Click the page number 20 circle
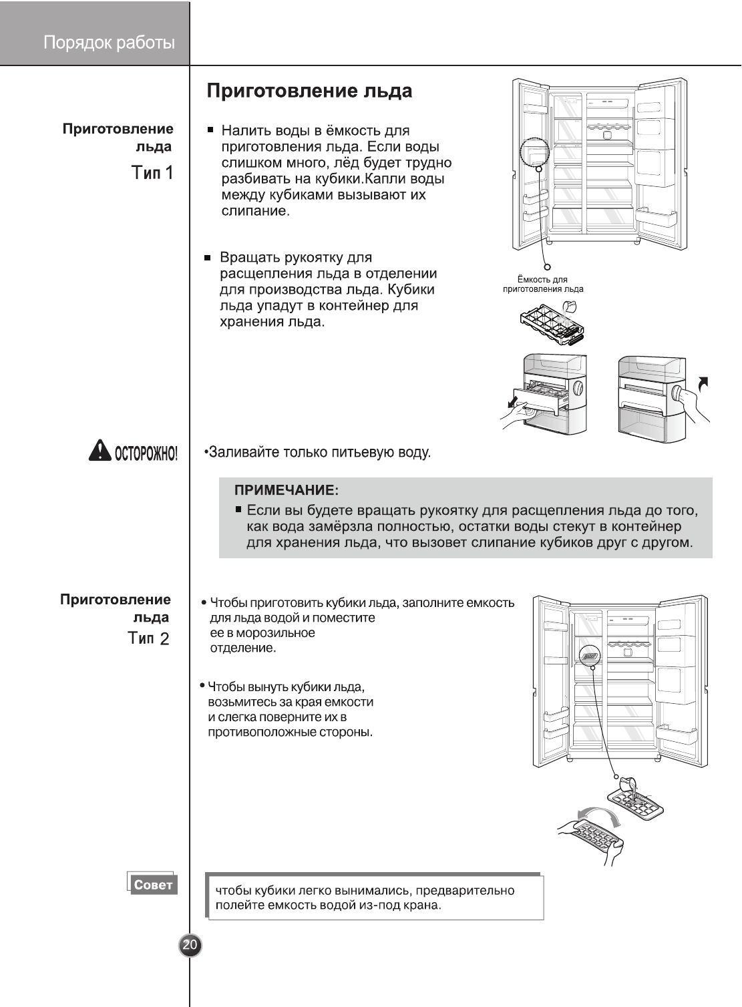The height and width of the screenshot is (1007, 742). tap(190, 945)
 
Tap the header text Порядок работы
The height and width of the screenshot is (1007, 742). tap(109, 43)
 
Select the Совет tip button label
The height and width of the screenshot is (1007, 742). tap(153, 885)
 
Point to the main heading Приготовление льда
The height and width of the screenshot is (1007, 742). tap(309, 91)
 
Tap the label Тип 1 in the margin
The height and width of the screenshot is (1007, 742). tap(152, 173)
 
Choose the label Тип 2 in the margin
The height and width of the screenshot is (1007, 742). tap(148, 639)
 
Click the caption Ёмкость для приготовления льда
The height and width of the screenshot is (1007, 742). tap(542, 284)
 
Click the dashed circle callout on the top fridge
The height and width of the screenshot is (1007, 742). tap(534, 153)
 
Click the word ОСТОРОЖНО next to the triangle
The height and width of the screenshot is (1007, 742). tap(146, 454)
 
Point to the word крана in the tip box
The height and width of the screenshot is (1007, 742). tap(423, 905)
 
